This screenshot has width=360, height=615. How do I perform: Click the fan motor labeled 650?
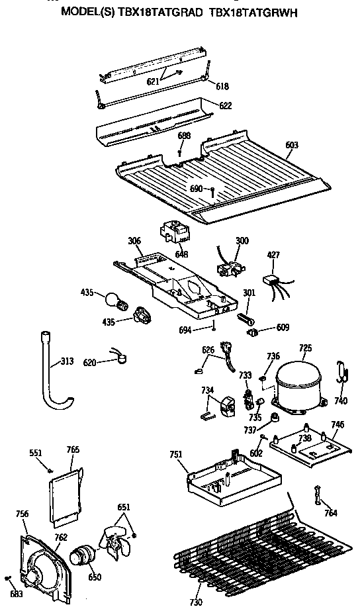pyautogui.click(x=83, y=557)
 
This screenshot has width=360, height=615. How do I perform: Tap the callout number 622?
pyautogui.click(x=225, y=105)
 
